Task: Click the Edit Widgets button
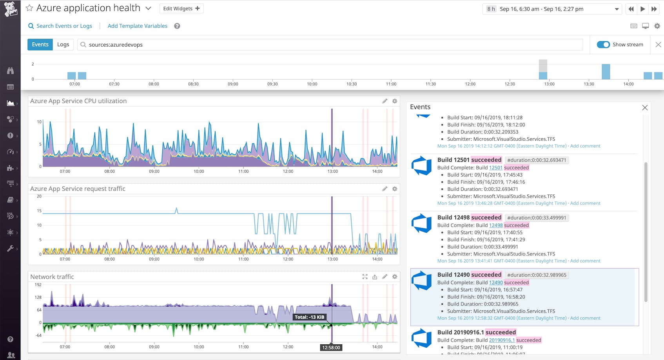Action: [x=181, y=9]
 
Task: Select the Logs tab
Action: [x=63, y=45]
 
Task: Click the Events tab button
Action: [x=40, y=45]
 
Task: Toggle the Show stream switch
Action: [x=603, y=45]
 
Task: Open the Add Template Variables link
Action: [x=137, y=26]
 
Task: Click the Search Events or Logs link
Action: [x=64, y=26]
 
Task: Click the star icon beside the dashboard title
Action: [x=29, y=8]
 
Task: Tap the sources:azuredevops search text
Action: [x=116, y=45]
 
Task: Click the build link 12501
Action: [x=495, y=168]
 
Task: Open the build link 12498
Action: [x=495, y=225]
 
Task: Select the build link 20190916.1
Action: [x=502, y=340]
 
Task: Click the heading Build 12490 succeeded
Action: [x=469, y=275]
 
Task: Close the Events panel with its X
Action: [x=645, y=108]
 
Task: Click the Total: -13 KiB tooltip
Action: [x=310, y=317]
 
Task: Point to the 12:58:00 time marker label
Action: [x=331, y=347]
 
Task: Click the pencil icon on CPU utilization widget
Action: [x=385, y=101]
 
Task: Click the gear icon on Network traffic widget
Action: [x=395, y=277]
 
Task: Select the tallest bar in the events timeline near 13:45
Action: [x=606, y=72]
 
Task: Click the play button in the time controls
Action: [x=642, y=9]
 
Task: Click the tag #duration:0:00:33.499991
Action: [x=537, y=218]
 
